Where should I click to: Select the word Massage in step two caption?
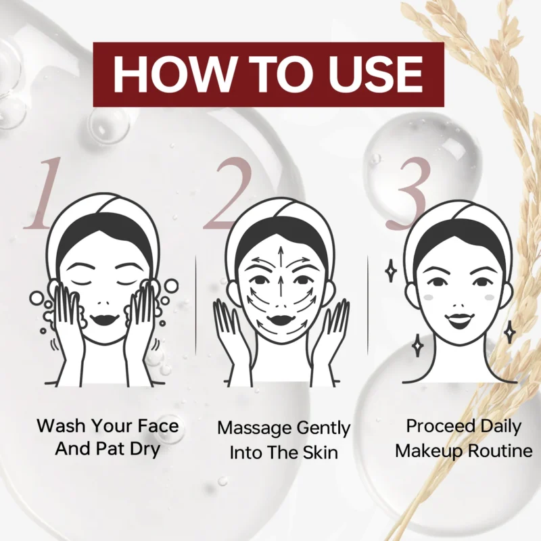click(x=254, y=428)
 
